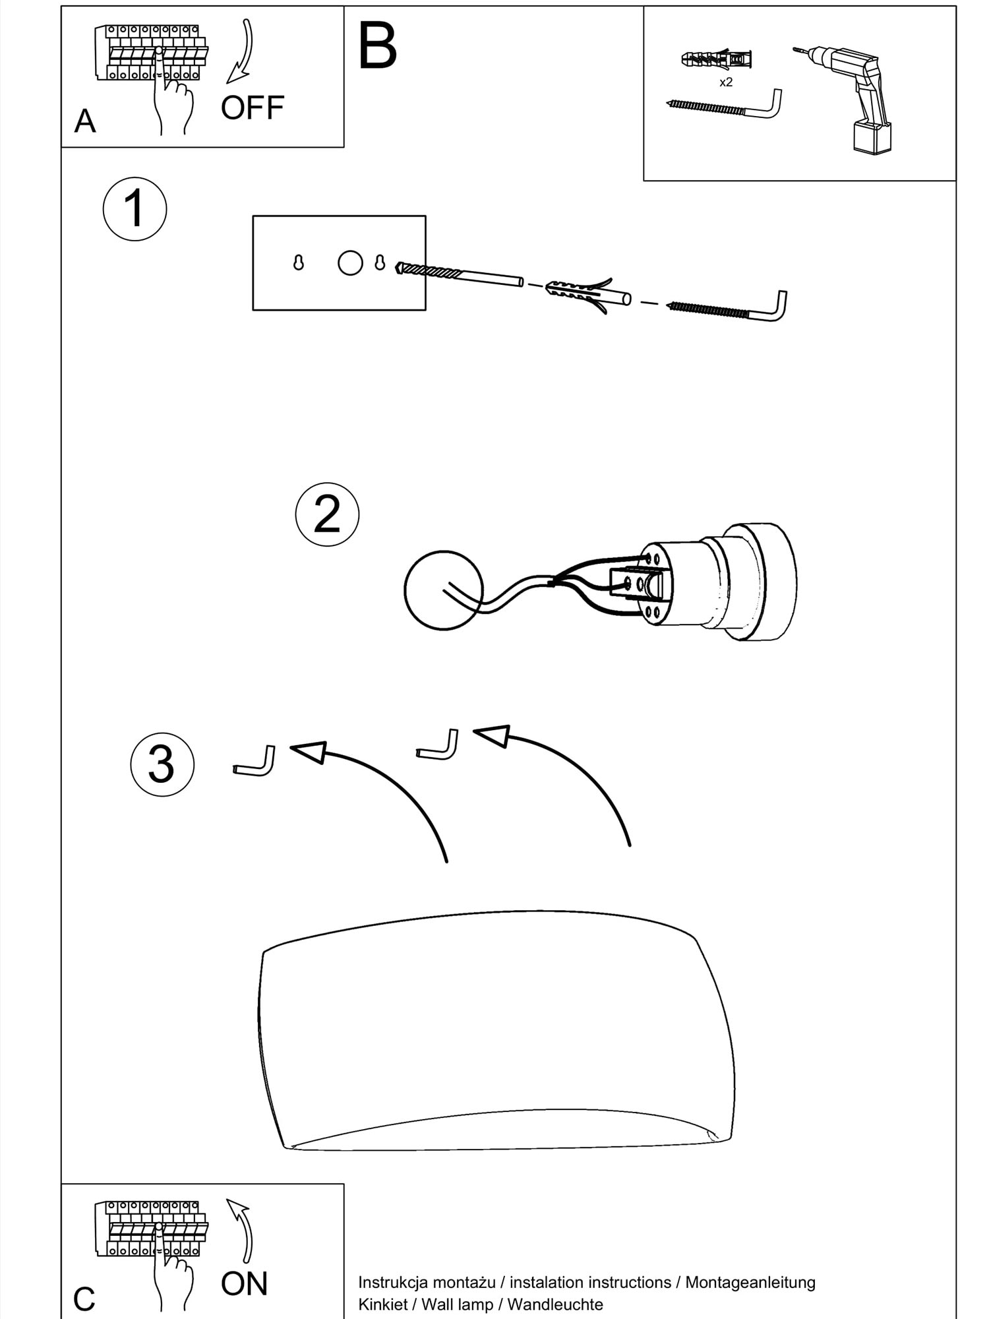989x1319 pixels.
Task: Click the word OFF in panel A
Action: pos(253,107)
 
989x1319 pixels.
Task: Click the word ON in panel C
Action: pos(245,1283)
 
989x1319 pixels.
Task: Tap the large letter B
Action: pos(378,46)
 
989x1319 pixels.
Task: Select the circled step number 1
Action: pos(135,209)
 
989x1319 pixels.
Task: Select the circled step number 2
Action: pos(327,514)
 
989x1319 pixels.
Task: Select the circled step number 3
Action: pos(162,765)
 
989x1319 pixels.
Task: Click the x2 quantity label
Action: pos(726,82)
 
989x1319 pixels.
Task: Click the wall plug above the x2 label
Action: pos(717,59)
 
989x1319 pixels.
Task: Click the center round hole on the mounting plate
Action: pos(350,262)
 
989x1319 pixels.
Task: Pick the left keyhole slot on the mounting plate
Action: pos(299,262)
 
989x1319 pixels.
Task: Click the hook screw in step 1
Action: pos(728,307)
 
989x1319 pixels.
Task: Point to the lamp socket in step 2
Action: pos(719,582)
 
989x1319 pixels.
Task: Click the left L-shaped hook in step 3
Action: pos(255,762)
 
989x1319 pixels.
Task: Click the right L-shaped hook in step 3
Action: pos(438,746)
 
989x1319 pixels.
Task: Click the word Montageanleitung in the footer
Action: pos(750,1282)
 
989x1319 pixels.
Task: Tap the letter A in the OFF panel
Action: pos(85,121)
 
